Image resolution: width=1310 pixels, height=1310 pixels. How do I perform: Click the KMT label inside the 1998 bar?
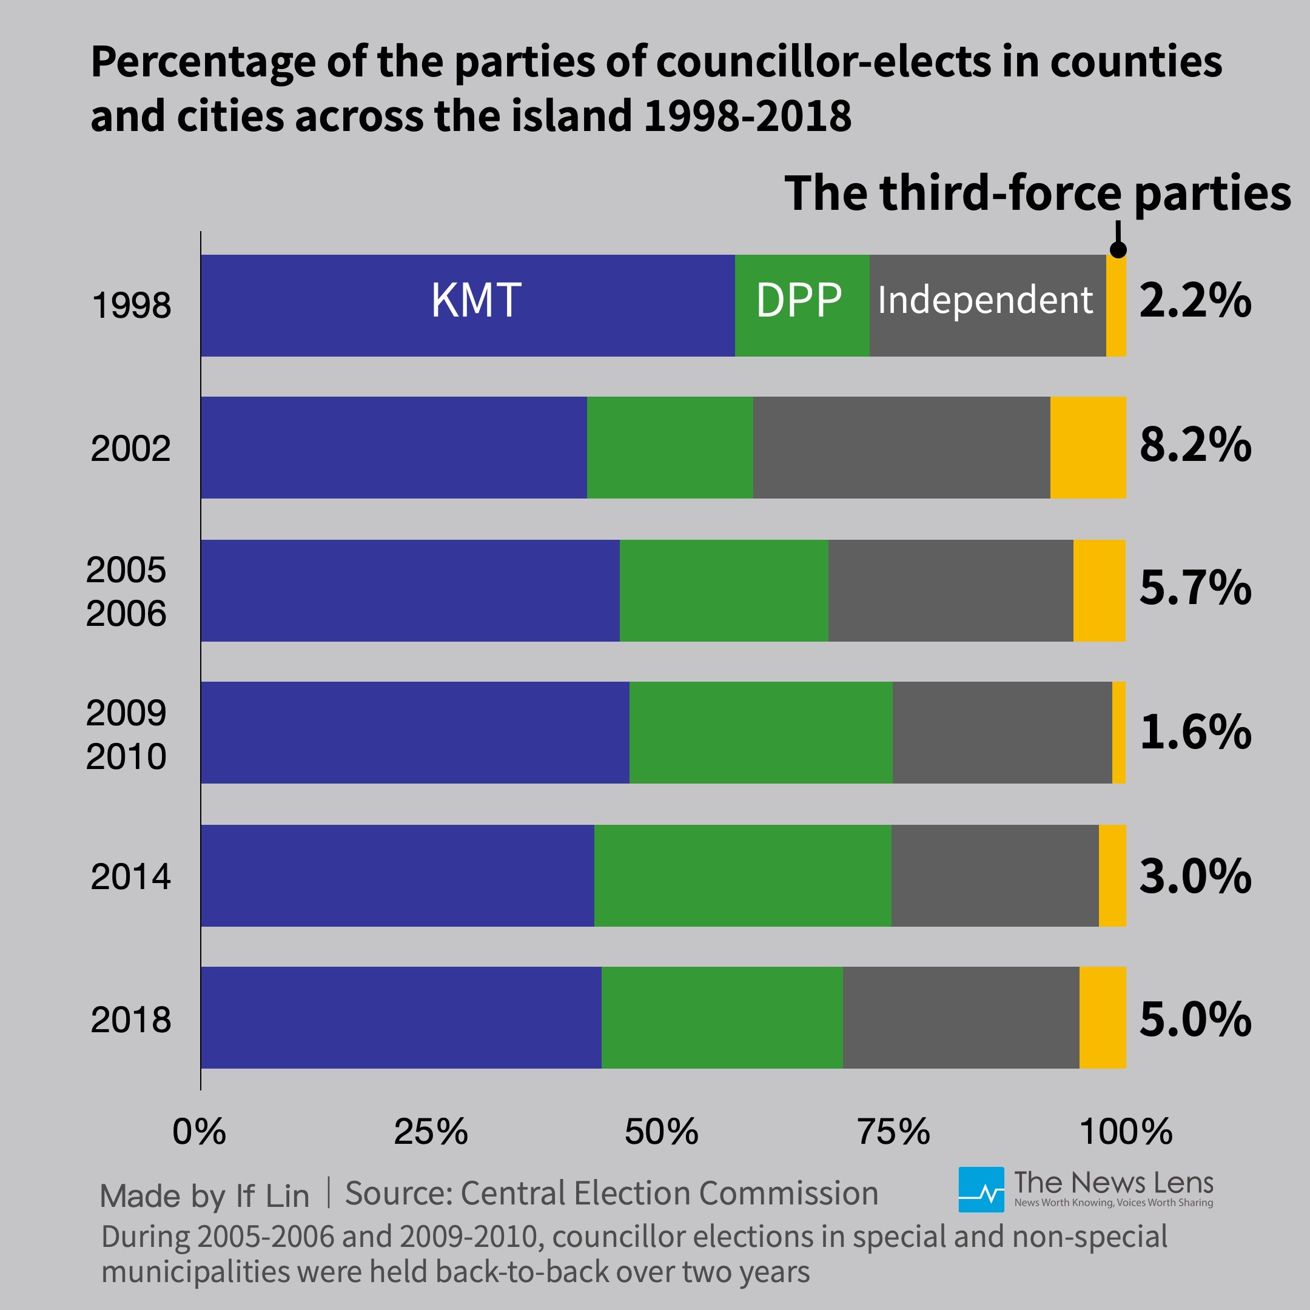pos(476,300)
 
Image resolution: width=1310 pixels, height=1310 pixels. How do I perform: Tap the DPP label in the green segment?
pos(799,300)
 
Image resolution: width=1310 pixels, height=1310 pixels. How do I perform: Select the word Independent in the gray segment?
pos(984,300)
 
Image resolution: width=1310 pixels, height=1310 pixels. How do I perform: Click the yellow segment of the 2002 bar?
pos(1087,448)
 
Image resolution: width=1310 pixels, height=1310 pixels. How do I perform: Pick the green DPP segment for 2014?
pos(742,875)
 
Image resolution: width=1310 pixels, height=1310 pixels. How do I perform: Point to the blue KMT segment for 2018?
pos(401,1018)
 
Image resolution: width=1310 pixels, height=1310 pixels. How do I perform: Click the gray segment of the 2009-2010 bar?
pos(1001,732)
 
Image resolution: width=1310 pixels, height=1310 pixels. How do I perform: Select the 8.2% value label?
pos(1195,446)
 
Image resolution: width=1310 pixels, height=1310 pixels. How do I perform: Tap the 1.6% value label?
pos(1195,733)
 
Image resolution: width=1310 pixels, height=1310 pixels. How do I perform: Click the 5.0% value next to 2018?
pos(1195,1019)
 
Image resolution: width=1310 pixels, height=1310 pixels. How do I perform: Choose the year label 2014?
pos(130,877)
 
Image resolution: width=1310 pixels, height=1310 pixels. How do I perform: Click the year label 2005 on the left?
pos(126,569)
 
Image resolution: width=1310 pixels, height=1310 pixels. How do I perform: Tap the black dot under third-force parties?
pos(1118,249)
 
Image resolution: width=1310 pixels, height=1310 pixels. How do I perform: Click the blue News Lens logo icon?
pos(981,1189)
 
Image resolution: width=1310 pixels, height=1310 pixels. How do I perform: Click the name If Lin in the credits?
pos(272,1195)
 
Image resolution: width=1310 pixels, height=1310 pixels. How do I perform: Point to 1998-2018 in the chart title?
pos(747,116)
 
